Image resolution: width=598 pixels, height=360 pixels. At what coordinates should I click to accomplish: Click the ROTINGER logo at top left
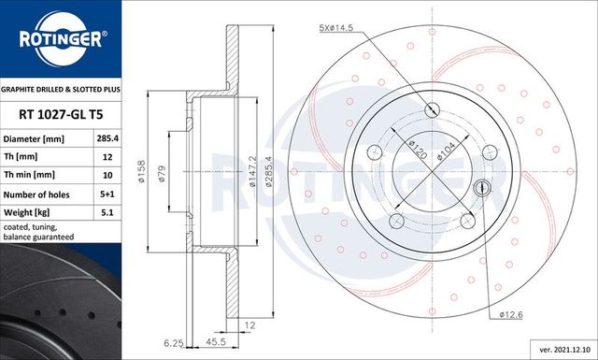(x=62, y=39)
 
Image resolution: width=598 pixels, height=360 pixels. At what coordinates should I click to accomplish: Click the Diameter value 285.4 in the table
(x=107, y=137)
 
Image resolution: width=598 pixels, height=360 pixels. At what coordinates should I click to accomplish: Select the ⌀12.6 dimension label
(x=511, y=316)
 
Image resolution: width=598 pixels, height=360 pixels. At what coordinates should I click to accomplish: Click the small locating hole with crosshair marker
(x=482, y=185)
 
